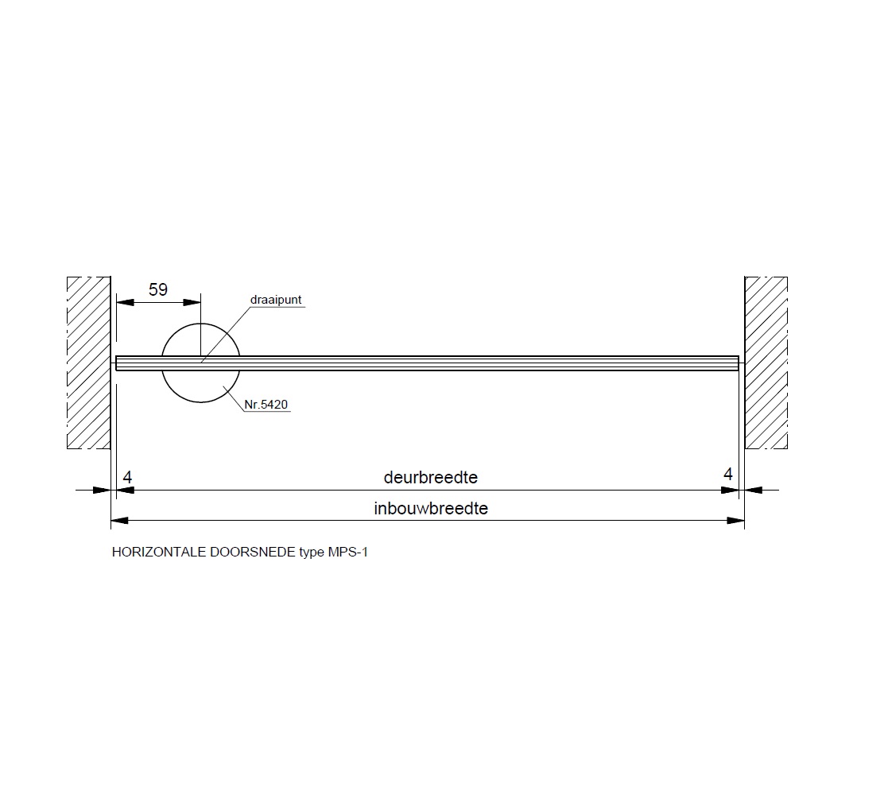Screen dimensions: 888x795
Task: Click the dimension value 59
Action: [158, 290]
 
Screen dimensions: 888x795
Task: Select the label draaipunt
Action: [276, 300]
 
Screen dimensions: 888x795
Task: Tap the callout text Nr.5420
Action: [266, 405]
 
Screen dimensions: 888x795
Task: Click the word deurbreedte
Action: [430, 477]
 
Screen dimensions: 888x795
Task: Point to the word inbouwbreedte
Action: [430, 509]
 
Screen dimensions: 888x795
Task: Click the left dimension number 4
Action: [127, 477]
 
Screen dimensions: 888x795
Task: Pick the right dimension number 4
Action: [727, 474]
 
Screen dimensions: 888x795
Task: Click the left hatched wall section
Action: [88, 363]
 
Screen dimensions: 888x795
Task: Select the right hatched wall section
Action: [766, 363]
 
